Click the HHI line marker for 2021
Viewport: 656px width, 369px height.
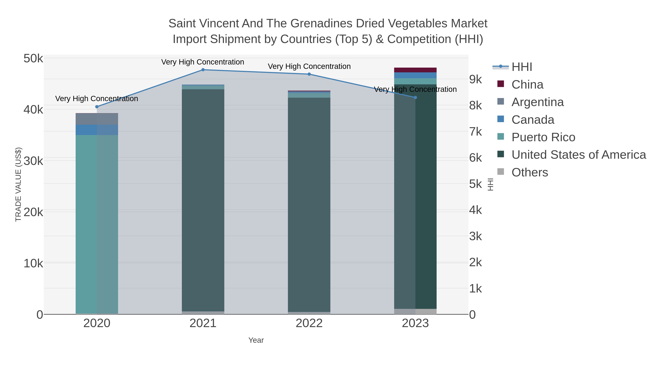(x=203, y=70)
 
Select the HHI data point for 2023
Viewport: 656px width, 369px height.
(x=415, y=97)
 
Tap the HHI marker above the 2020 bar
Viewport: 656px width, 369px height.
(x=97, y=107)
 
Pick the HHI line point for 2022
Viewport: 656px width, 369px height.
(x=309, y=74)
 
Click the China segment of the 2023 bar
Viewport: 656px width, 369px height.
(x=415, y=70)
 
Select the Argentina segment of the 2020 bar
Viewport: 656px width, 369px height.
(x=97, y=119)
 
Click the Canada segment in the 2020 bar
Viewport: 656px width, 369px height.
(x=97, y=130)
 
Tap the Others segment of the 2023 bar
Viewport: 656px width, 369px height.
(x=415, y=311)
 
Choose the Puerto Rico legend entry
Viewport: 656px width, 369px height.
(x=543, y=137)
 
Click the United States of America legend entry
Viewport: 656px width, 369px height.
(x=579, y=155)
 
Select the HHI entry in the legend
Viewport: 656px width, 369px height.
(x=522, y=67)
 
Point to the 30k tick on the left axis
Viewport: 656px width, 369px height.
(x=33, y=161)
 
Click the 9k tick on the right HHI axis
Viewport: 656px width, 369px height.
(x=475, y=79)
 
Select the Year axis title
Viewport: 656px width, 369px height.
(x=256, y=340)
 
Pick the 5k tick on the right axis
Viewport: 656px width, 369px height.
(x=475, y=184)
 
